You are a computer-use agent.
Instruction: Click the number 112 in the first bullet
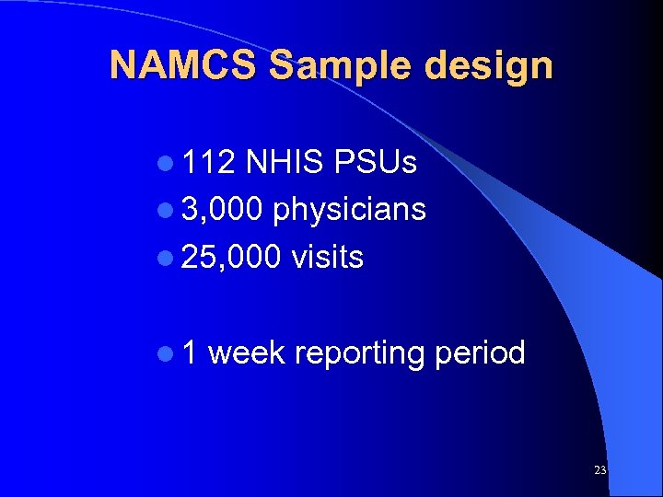[x=208, y=163]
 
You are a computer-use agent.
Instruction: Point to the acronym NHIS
[x=285, y=163]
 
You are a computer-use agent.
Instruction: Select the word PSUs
[x=376, y=163]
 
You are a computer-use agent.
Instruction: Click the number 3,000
[x=223, y=210]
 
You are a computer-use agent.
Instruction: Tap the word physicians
[x=349, y=211]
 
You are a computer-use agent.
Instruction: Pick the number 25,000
[x=231, y=258]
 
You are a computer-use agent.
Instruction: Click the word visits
[x=327, y=258]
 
